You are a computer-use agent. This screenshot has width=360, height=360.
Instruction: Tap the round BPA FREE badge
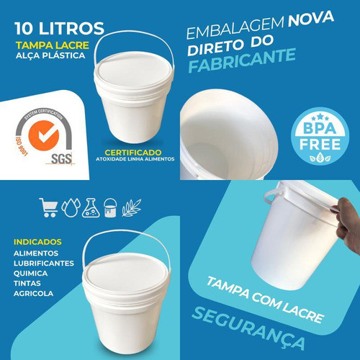pos(315,136)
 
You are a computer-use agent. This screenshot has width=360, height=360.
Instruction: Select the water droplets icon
pos(70,207)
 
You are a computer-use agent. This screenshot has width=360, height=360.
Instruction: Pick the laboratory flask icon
pos(90,207)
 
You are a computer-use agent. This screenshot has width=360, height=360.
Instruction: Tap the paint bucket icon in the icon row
pos(110,207)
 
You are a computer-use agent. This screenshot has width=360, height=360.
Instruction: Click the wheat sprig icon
pos(130,207)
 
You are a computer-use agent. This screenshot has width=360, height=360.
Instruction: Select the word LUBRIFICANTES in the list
pos(45,264)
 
